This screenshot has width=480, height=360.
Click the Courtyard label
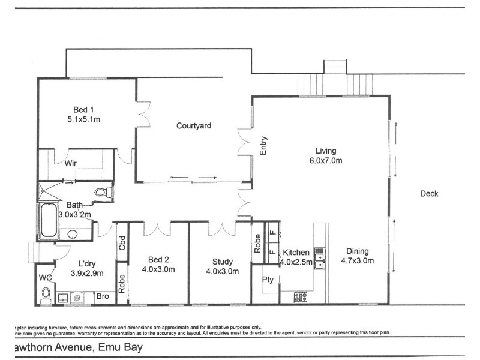point(194,126)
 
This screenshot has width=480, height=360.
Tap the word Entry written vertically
point(263,146)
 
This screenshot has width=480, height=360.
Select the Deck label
point(429,193)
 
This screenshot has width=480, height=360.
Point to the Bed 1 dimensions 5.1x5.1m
point(83,119)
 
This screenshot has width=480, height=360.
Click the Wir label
point(71,163)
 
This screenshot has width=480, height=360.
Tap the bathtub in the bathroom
point(48,221)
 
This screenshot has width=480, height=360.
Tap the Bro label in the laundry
point(103,297)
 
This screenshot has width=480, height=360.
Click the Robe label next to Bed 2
point(122,283)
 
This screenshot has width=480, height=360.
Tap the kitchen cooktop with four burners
point(300,296)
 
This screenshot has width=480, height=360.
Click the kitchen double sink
point(320,257)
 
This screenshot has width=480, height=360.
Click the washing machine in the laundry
point(77,296)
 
